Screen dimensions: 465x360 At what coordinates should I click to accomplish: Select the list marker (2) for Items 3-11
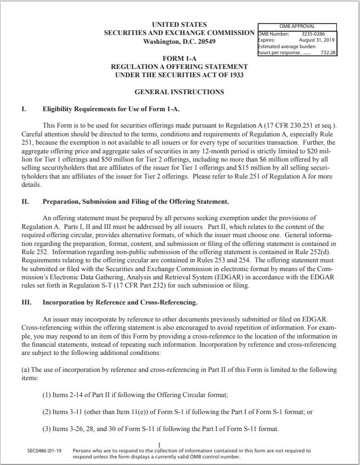click(x=48, y=412)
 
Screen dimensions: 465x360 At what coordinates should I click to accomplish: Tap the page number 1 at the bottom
click(x=158, y=445)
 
